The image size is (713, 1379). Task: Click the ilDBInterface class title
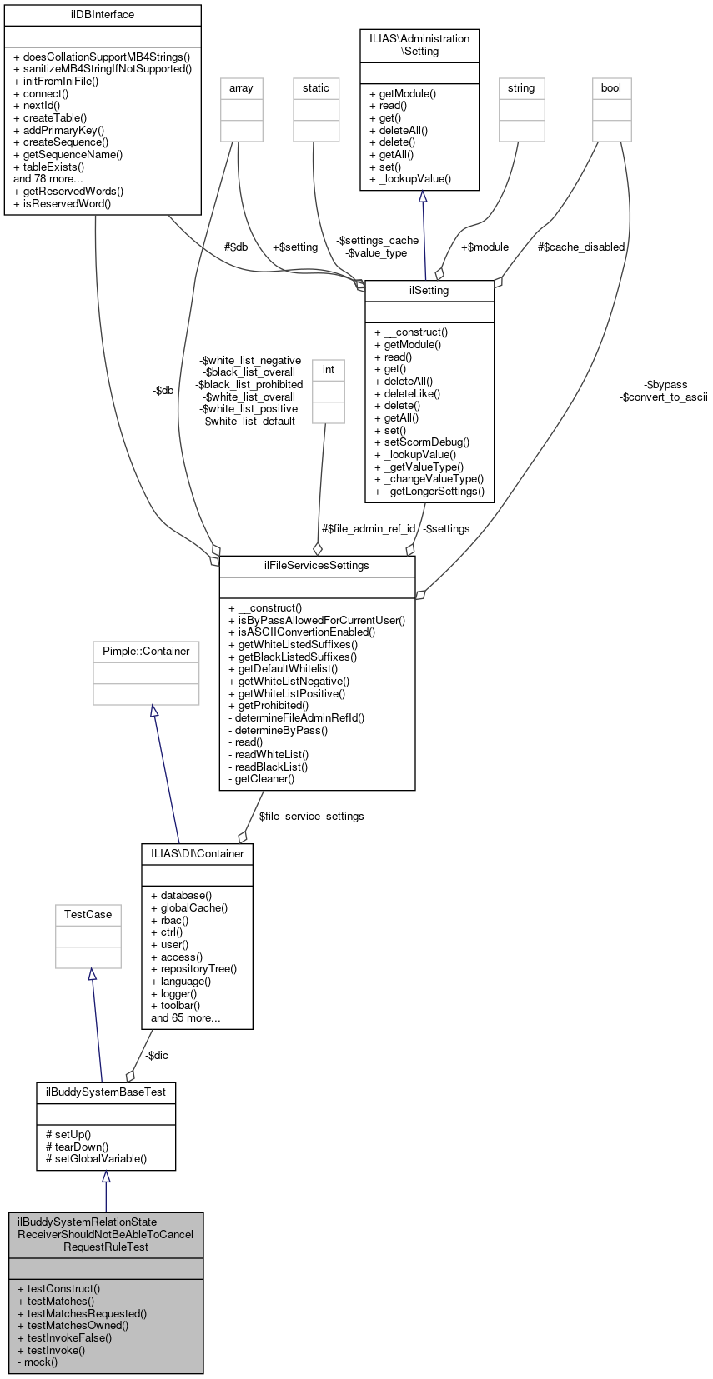coord(103,15)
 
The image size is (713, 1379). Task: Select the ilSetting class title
coord(429,291)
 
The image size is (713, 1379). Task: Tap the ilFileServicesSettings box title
coord(317,566)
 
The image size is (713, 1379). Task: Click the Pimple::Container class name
coord(146,652)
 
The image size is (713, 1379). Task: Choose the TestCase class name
coord(88,915)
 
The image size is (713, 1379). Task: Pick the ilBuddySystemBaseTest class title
coord(106,1092)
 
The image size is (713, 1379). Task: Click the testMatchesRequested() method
coord(82,1313)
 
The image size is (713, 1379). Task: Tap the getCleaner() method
coord(262,779)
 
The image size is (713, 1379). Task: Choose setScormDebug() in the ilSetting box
coord(421,442)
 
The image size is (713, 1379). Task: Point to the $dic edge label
coord(157,1056)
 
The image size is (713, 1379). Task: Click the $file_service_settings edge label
coord(310,817)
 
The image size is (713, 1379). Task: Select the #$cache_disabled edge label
coord(581,247)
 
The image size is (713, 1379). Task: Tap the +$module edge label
coord(485,247)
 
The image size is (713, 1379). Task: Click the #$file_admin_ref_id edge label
coord(369,529)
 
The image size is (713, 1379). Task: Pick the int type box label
coord(329,370)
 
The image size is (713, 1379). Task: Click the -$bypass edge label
coord(665,385)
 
